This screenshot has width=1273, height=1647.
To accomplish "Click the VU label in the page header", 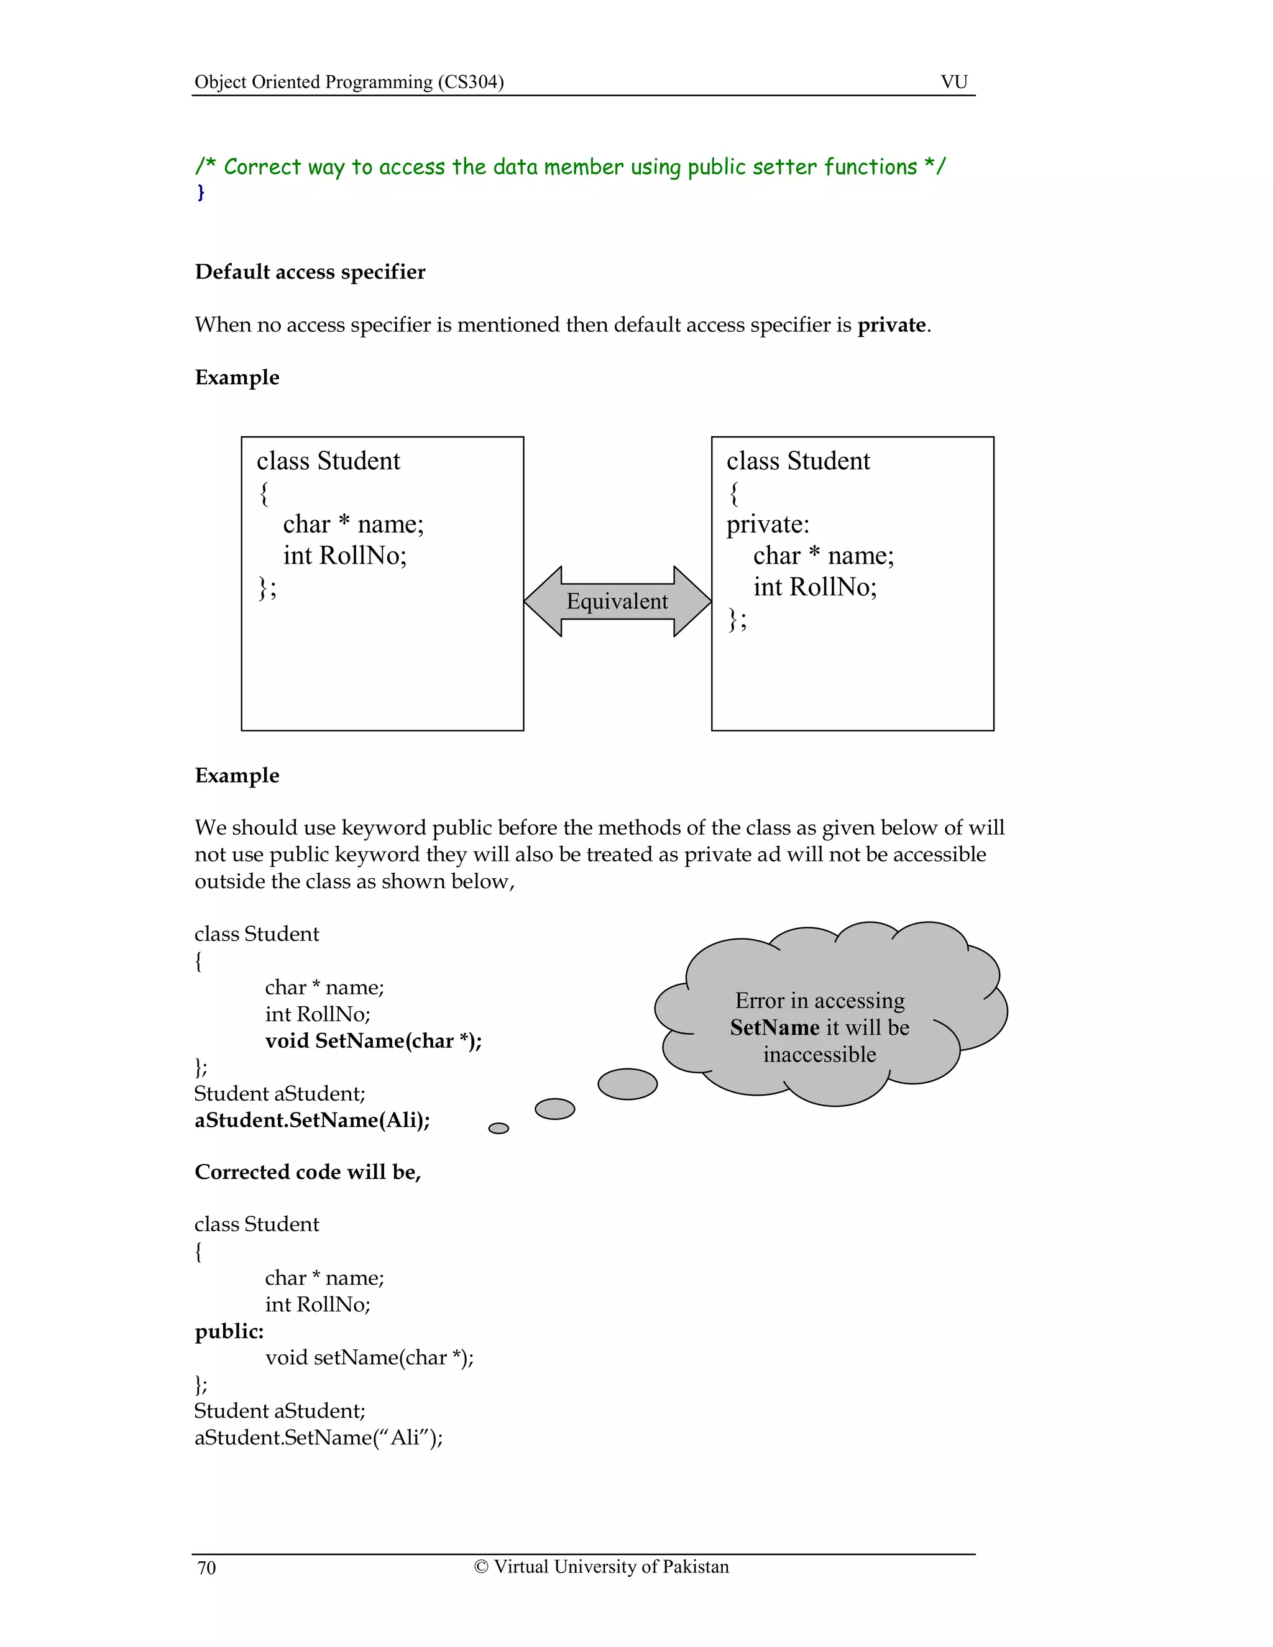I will [x=954, y=81].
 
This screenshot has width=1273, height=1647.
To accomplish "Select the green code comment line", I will [x=569, y=167].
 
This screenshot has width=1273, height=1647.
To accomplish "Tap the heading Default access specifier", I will [x=310, y=272].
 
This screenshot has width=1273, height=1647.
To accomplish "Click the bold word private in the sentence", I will [x=891, y=325].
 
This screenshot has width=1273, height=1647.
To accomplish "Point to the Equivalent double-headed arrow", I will [x=617, y=601].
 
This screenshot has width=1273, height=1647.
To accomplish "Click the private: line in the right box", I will [x=768, y=524].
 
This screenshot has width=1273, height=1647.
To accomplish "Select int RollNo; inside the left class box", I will [x=344, y=556].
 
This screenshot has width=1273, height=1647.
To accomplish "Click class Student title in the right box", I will [x=798, y=461].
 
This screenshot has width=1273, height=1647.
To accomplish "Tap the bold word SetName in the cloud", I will [x=774, y=1028].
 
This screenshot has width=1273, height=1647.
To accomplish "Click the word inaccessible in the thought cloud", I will [x=819, y=1054].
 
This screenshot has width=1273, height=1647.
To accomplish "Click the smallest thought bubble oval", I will [x=499, y=1128].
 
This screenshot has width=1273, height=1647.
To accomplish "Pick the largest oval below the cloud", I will [x=627, y=1084].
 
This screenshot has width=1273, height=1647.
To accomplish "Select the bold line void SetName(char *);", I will [x=374, y=1040].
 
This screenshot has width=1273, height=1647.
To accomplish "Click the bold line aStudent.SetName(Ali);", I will [x=312, y=1120].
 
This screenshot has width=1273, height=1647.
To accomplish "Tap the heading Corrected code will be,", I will [x=308, y=1172].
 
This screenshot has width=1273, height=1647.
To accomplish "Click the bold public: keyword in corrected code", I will [x=229, y=1331].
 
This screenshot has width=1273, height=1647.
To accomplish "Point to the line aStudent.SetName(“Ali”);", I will [x=318, y=1438].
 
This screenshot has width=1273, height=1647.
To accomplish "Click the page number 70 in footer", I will [x=206, y=1568].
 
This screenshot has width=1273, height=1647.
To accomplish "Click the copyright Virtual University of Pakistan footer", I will [x=601, y=1566].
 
